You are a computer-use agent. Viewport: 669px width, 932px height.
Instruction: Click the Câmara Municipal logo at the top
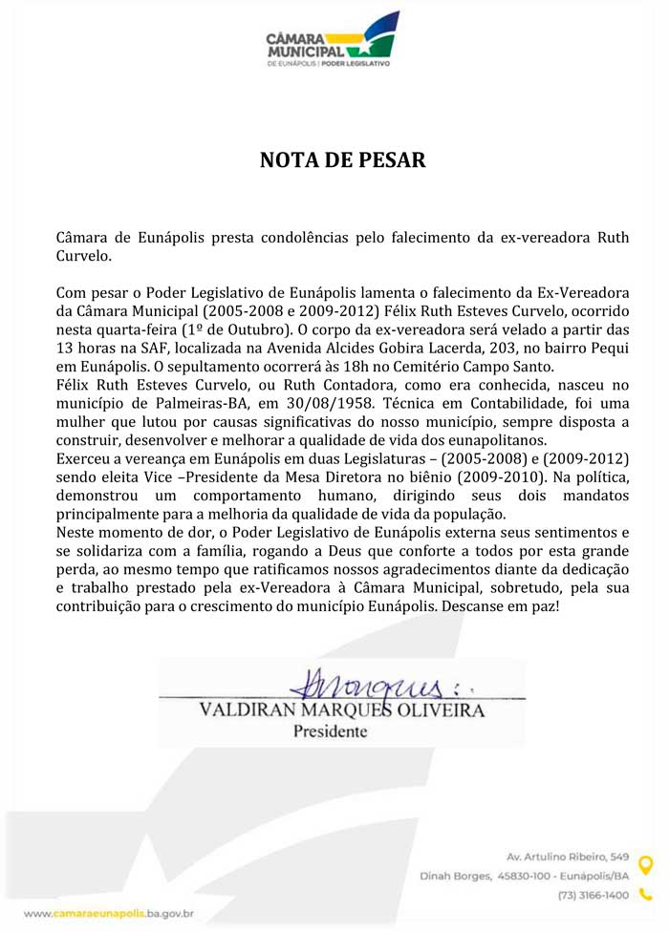(333, 44)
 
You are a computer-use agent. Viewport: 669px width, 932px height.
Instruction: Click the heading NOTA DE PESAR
(342, 159)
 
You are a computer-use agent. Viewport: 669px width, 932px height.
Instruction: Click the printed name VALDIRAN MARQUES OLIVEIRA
(341, 711)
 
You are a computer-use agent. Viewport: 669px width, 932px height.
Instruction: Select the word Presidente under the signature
(329, 732)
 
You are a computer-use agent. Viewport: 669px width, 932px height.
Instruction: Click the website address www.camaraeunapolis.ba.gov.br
(109, 914)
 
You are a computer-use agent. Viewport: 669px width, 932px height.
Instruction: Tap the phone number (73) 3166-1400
(593, 895)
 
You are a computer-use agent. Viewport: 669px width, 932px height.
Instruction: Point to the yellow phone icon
(645, 895)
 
